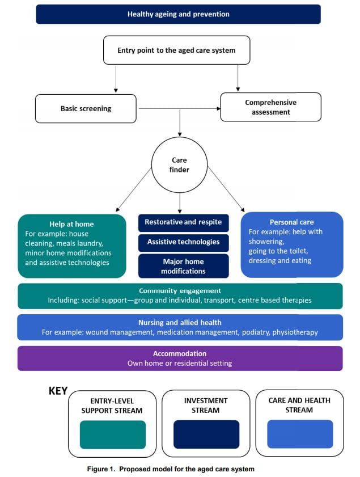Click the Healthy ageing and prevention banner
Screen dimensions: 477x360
(178, 14)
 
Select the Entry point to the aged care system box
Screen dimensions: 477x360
(176, 50)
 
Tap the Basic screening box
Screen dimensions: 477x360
(86, 108)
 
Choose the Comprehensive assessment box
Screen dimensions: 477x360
(270, 107)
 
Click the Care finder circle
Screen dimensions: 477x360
(179, 165)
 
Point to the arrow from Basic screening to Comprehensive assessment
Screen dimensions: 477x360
(178, 108)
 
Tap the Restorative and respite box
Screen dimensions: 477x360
(183, 222)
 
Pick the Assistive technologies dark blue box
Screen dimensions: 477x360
(183, 242)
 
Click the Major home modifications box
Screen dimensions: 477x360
(183, 267)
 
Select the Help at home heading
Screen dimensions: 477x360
(71, 224)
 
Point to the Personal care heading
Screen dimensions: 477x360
(291, 222)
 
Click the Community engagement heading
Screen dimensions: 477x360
(180, 290)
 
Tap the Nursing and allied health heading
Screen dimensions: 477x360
(180, 322)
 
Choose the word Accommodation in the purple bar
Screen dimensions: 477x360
(180, 353)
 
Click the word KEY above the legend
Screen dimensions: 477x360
(58, 391)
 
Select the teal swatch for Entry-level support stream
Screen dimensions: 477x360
(113, 434)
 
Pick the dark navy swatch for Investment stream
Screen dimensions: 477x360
(206, 434)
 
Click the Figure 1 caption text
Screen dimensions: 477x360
(171, 469)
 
